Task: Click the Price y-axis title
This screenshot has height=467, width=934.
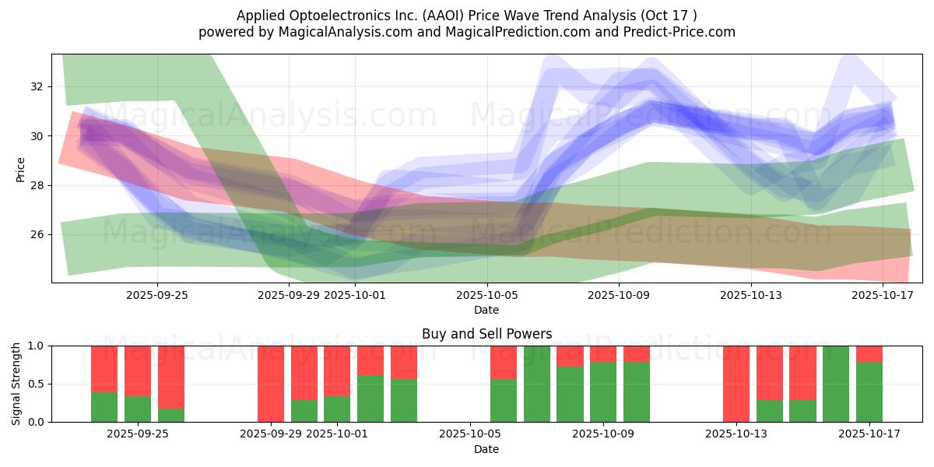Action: coord(21,169)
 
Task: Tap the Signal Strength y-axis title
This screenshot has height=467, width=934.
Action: coord(16,384)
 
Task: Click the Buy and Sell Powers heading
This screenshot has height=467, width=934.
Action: coord(486,334)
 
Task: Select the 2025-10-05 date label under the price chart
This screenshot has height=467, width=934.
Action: coord(486,295)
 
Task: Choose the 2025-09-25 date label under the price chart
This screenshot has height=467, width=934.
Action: coord(157,295)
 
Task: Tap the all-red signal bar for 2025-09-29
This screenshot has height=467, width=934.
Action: coord(271,384)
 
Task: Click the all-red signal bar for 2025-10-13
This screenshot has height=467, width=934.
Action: coord(736,384)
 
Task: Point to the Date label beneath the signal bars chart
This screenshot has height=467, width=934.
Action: coord(486,449)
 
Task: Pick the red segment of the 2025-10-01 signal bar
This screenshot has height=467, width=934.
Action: coord(337,370)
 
